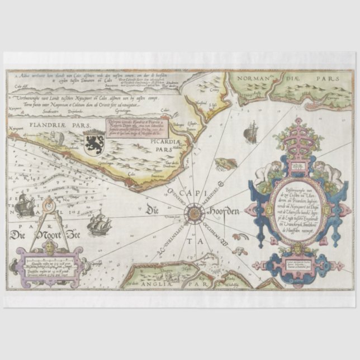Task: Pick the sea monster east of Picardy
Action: click(x=225, y=164)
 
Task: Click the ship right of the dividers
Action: click(x=99, y=224)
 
